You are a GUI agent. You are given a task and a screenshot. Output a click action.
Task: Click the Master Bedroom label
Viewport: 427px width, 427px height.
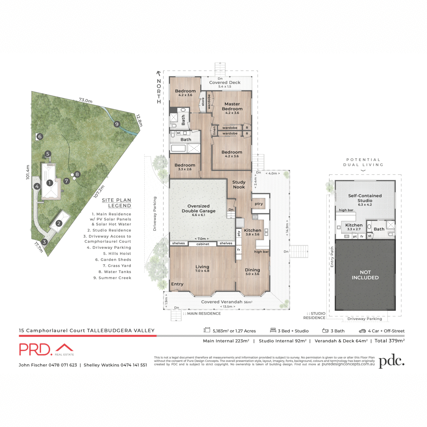tap(232, 107)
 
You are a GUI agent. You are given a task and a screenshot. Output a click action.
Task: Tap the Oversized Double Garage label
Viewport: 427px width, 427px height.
tap(199, 209)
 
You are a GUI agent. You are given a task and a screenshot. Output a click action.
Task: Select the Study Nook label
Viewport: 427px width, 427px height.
tap(239, 184)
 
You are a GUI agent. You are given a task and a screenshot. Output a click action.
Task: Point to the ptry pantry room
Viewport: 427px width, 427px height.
tap(259, 204)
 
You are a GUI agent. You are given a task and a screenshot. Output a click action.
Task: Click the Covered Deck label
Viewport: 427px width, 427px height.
tap(225, 83)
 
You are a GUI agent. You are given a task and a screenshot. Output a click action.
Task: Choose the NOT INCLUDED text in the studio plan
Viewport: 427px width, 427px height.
tap(365, 275)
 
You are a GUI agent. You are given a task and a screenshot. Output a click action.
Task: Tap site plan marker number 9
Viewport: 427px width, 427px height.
tap(117, 124)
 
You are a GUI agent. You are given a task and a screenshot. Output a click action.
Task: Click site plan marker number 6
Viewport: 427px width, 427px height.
tap(40, 136)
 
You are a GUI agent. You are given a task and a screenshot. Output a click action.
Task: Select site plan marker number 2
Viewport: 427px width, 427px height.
tap(59, 223)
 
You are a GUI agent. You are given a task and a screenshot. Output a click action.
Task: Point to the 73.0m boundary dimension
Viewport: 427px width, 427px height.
tap(85, 101)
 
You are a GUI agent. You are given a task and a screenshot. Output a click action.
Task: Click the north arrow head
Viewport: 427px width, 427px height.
tap(159, 74)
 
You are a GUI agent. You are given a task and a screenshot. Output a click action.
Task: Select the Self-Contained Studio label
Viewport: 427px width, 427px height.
tap(365, 198)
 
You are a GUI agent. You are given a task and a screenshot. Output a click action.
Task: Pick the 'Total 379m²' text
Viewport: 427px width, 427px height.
tap(389, 341)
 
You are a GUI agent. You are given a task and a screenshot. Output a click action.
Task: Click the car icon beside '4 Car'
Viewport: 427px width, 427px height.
tap(362, 331)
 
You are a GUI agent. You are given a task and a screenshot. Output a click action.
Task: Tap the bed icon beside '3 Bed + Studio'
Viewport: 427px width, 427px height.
tap(273, 331)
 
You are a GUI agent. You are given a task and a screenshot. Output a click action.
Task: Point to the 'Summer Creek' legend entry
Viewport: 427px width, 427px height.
tap(112, 278)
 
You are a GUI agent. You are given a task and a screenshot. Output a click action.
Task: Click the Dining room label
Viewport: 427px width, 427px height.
tap(252, 270)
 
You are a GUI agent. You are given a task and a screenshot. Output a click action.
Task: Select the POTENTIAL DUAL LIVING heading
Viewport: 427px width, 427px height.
tap(363, 162)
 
